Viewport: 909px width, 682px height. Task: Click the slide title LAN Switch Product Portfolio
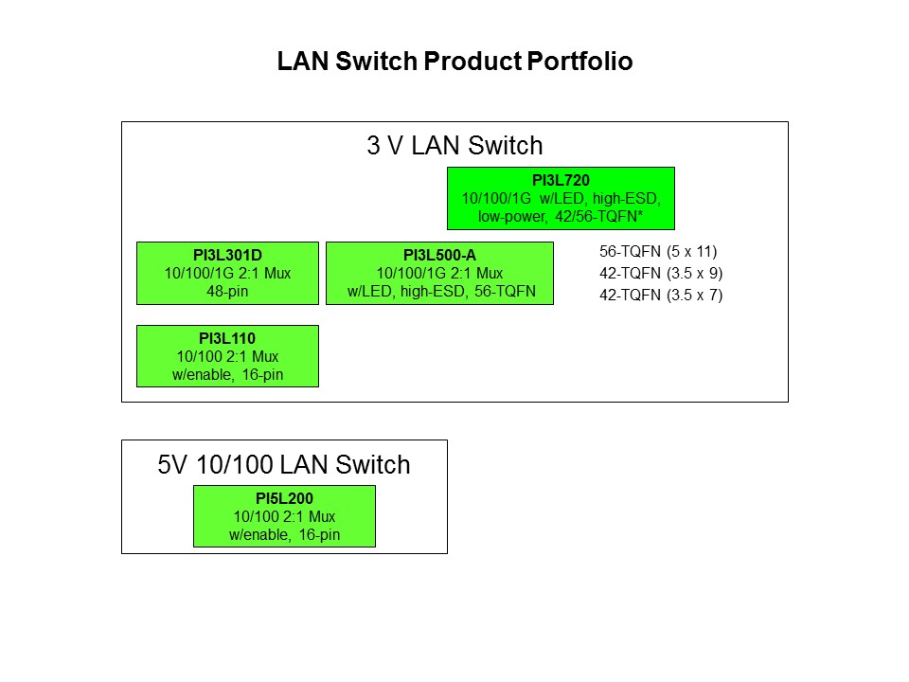tap(454, 63)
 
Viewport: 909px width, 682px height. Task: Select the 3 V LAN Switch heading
tap(454, 146)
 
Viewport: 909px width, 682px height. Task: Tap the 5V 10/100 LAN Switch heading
tap(284, 465)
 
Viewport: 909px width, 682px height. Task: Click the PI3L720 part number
tap(561, 180)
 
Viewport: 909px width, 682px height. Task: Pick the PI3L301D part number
tap(227, 254)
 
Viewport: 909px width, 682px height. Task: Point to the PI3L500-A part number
tap(439, 254)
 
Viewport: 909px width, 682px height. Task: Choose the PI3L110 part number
tap(227, 337)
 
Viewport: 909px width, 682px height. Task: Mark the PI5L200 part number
tap(284, 497)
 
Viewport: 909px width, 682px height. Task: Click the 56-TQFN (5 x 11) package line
tap(659, 252)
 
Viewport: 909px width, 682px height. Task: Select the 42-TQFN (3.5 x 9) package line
tap(661, 273)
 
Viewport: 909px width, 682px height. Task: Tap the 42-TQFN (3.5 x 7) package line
tap(661, 295)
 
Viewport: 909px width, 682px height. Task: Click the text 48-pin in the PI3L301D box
tap(227, 292)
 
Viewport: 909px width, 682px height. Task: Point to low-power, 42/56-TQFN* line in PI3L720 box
tap(561, 217)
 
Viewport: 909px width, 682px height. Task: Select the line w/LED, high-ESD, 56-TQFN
tap(439, 292)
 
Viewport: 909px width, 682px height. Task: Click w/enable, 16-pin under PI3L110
tap(227, 375)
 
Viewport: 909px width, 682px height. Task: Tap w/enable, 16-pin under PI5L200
tap(284, 535)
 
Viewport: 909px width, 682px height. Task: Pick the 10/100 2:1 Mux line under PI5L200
tap(284, 516)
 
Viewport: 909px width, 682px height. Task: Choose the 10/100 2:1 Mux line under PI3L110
tap(227, 356)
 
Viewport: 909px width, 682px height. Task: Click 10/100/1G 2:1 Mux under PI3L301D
tap(227, 273)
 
